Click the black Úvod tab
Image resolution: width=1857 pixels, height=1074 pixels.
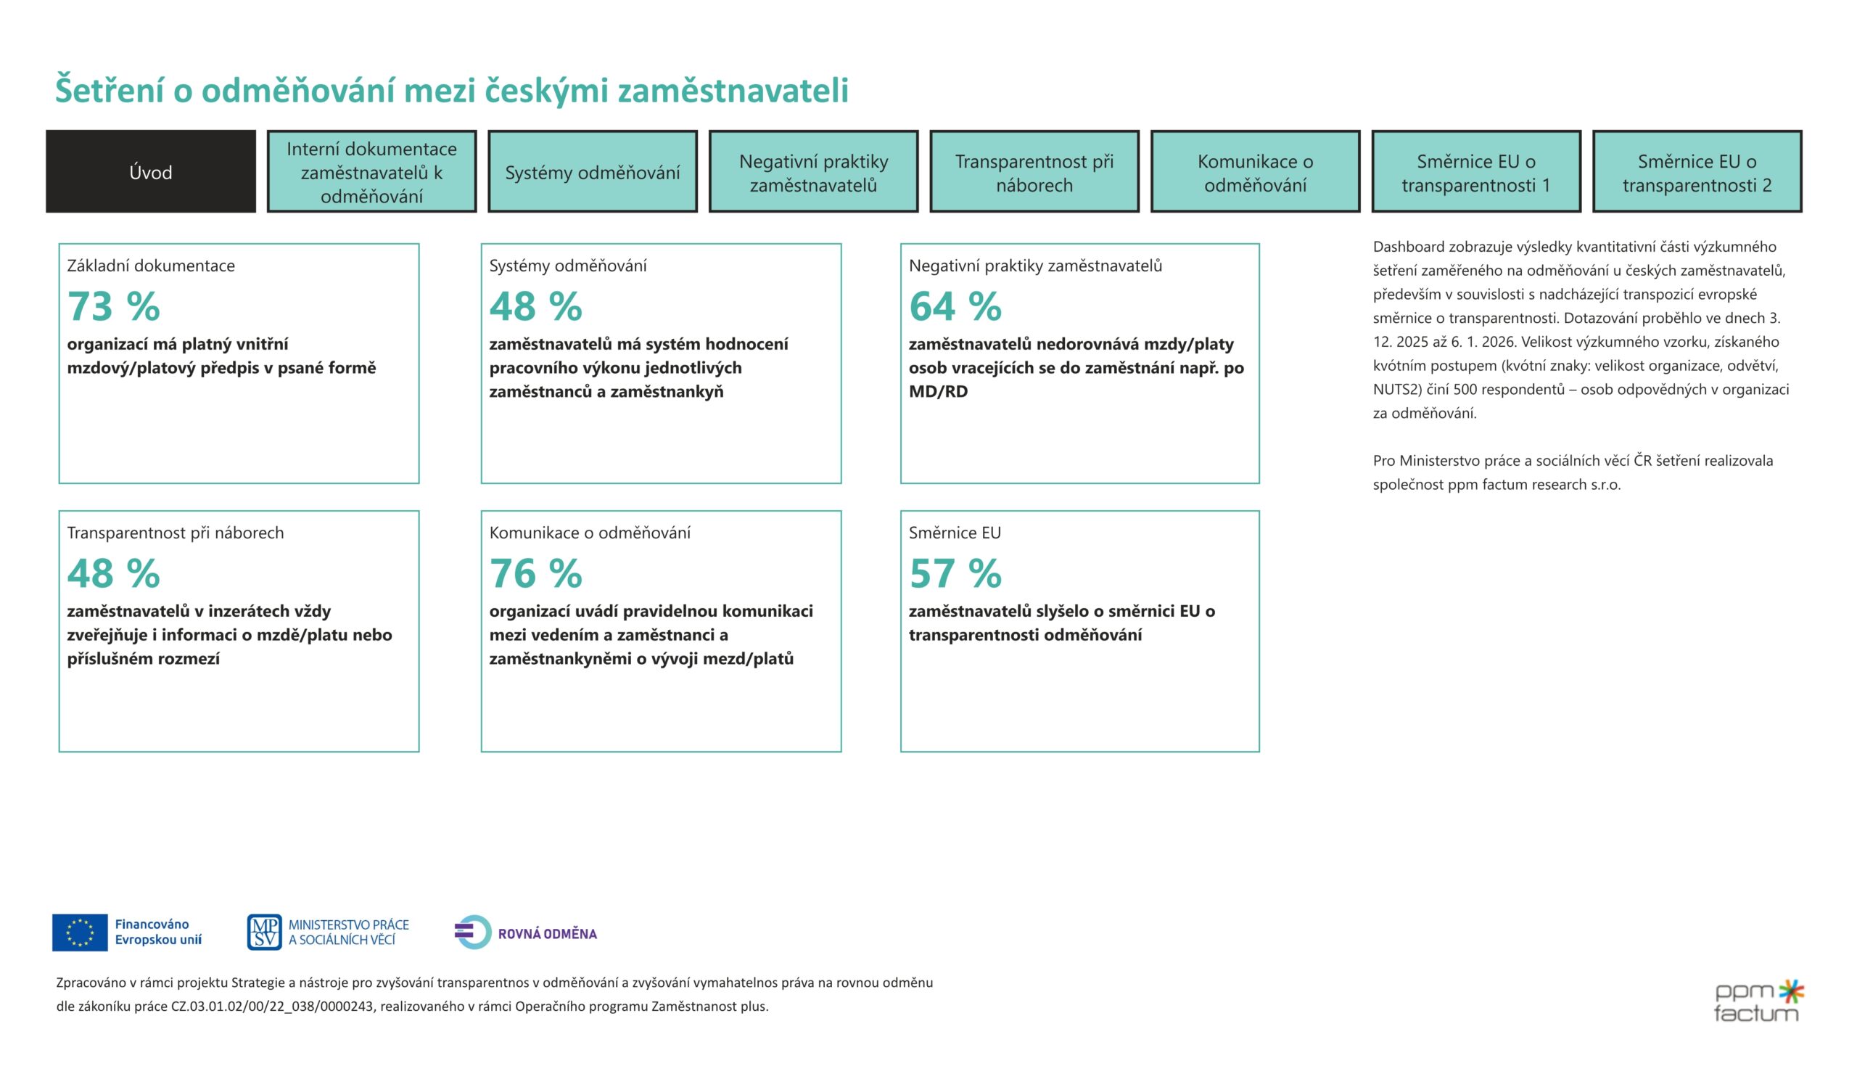tap(150, 172)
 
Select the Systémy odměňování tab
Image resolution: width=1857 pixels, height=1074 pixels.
tap(592, 172)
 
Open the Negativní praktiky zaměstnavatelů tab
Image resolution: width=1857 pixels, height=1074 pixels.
tap(813, 172)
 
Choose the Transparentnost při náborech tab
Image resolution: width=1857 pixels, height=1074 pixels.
tap(1034, 172)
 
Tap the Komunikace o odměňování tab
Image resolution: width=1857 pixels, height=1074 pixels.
tap(1255, 172)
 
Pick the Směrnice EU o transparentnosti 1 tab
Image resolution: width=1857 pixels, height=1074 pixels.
tap(1475, 172)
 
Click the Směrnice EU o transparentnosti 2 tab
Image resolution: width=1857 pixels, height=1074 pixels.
tap(1697, 172)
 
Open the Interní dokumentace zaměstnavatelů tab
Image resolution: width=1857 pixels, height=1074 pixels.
tap(371, 172)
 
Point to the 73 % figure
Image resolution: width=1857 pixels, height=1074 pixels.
tap(113, 306)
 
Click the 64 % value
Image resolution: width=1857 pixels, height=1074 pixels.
tap(955, 306)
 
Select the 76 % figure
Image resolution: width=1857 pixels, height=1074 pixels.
tap(536, 573)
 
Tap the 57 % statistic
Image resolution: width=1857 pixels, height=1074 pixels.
tap(955, 573)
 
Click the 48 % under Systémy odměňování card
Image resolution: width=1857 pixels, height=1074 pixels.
tap(536, 306)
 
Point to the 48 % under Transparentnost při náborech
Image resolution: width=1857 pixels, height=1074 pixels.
tap(113, 573)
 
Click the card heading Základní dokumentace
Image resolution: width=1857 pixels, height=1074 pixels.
tap(151, 266)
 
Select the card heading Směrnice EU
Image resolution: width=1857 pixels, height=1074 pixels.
tap(955, 532)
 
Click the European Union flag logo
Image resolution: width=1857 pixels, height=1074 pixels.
tap(80, 932)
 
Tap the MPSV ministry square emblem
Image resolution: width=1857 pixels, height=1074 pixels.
tap(264, 932)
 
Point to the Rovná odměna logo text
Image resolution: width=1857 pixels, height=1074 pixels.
tap(547, 933)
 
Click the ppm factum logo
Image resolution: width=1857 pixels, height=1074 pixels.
tap(1758, 1001)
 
